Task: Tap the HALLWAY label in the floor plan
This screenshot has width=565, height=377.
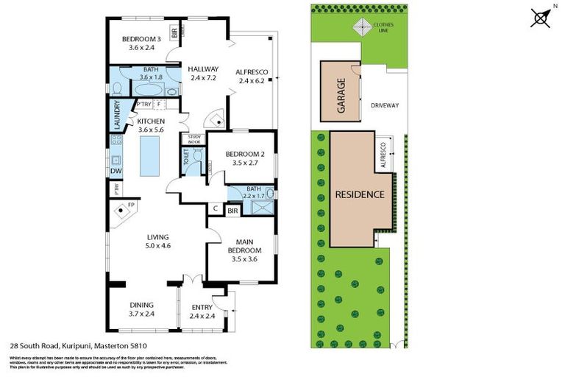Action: point(202,69)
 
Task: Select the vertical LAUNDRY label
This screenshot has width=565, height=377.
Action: point(116,115)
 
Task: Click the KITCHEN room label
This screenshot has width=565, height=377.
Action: point(150,121)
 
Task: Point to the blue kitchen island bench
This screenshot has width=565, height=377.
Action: point(149,155)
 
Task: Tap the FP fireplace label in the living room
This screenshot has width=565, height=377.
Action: point(131,205)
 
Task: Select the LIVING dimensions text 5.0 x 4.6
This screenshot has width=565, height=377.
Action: point(157,245)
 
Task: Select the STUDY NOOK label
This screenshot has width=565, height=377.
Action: point(194,138)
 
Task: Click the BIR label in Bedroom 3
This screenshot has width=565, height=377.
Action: point(174,33)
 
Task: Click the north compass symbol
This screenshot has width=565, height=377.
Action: point(541,17)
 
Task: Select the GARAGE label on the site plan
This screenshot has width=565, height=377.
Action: point(341,94)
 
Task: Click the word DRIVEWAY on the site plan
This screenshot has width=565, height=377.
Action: point(383,105)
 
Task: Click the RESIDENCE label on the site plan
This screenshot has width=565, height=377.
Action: point(360,195)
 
